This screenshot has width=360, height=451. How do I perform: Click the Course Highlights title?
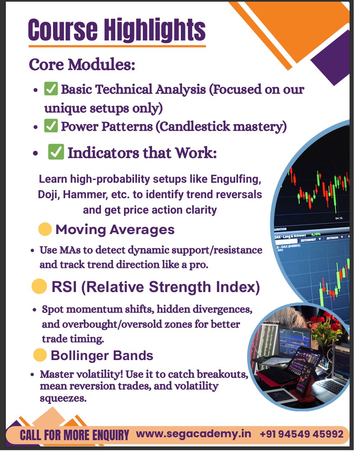[x=117, y=30]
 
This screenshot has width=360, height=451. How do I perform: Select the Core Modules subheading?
[x=82, y=64]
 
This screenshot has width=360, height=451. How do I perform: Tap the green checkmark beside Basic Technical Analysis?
[x=51, y=88]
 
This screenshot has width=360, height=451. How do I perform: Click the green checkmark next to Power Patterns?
[x=51, y=126]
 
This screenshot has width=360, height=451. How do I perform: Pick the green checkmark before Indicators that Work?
[x=56, y=152]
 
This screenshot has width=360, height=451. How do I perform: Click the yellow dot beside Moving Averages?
[x=45, y=229]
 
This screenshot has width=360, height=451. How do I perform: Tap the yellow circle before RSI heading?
[x=39, y=287]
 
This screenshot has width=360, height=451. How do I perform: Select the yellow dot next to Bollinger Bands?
[x=40, y=355]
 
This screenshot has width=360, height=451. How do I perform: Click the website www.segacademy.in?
[x=193, y=434]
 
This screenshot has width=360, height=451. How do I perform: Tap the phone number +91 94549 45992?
[x=302, y=434]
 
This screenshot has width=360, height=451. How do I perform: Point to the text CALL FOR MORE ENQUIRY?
[x=74, y=435]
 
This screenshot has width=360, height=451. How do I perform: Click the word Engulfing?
[x=236, y=179]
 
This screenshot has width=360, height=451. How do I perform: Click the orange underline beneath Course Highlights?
[x=117, y=46]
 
